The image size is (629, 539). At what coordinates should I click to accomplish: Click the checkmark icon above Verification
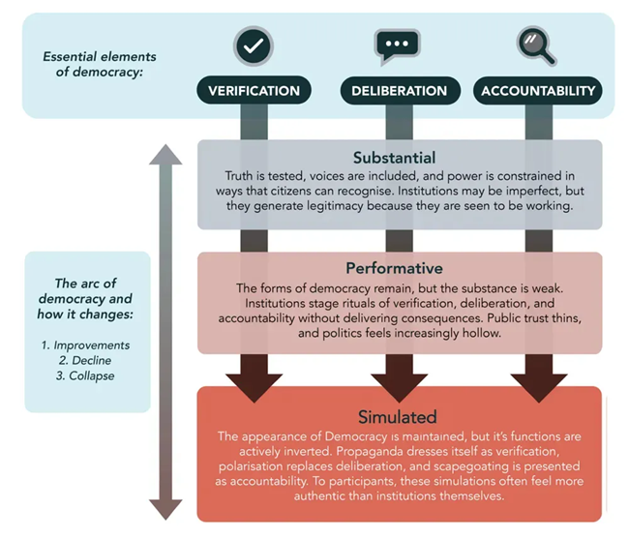point(254,45)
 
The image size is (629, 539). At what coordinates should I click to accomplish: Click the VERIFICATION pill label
point(255,91)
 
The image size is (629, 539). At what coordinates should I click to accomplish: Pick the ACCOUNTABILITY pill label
point(537,91)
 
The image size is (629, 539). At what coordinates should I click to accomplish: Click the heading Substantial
point(394,157)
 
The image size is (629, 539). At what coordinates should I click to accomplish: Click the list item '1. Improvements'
point(86,344)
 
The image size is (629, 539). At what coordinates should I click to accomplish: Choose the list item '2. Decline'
point(86,360)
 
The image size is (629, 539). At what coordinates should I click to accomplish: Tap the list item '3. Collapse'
point(86,375)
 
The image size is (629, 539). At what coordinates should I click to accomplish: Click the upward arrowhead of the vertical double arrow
point(165,155)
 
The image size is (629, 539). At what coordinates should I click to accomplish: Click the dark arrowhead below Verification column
point(255,382)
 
